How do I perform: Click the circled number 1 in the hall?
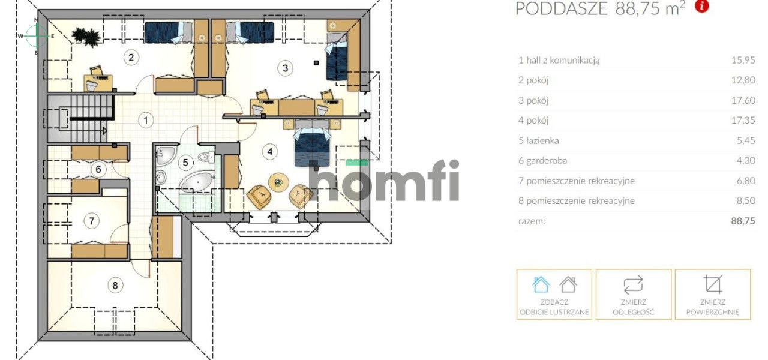[146, 121]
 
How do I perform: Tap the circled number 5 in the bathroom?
[185, 162]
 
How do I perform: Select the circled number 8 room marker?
[115, 285]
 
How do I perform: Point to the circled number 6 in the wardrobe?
[98, 169]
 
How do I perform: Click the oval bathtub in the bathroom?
[197, 182]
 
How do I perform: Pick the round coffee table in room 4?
[278, 182]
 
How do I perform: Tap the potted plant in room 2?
[86, 35]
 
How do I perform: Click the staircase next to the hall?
[80, 118]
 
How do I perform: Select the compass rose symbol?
[36, 36]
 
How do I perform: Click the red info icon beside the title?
[701, 7]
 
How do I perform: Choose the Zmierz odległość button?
[633, 295]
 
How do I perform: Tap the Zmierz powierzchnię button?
[712, 295]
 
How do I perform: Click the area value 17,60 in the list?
[743, 100]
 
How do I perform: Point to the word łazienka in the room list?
[543, 140]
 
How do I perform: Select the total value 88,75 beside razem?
[743, 221]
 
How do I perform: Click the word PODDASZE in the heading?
[562, 8]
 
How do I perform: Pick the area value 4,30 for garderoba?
[746, 160]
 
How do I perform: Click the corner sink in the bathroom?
[165, 155]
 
